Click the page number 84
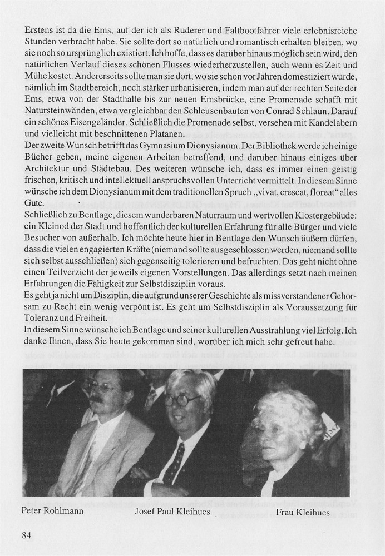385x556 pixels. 28,535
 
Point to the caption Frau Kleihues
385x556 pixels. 303,512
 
